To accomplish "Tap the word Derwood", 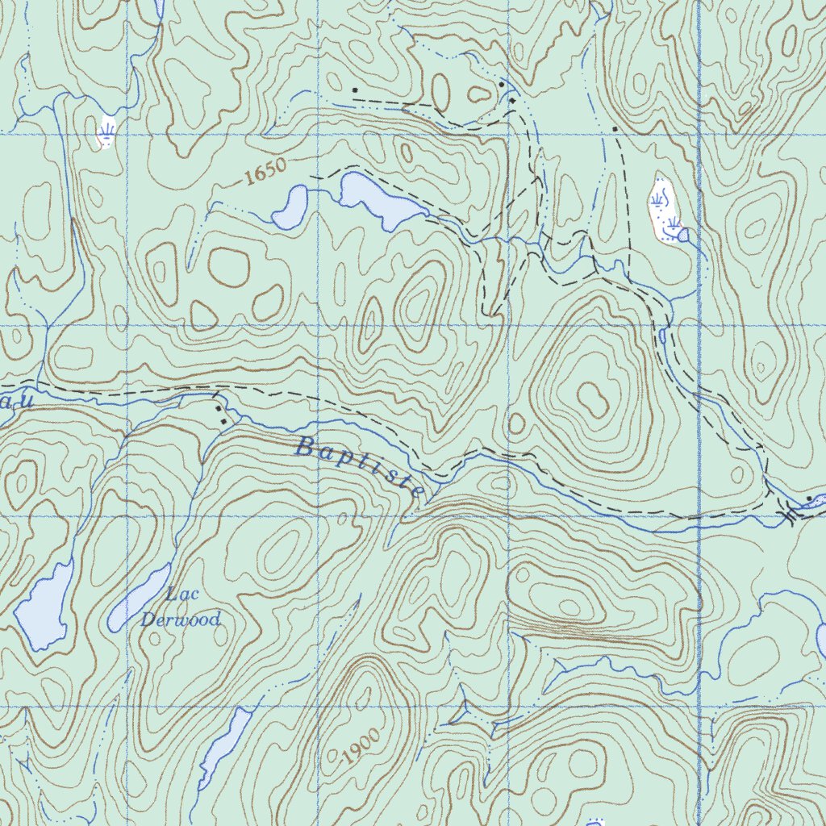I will click(180, 619).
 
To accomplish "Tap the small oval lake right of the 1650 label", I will click(290, 208).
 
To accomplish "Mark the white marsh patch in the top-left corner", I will click(106, 132).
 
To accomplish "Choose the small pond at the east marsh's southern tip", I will click(683, 235).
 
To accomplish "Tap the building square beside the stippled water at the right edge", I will click(809, 499).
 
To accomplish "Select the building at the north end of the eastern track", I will click(615, 129).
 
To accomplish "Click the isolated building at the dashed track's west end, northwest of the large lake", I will click(354, 90).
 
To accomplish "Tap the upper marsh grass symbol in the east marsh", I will click(660, 196).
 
